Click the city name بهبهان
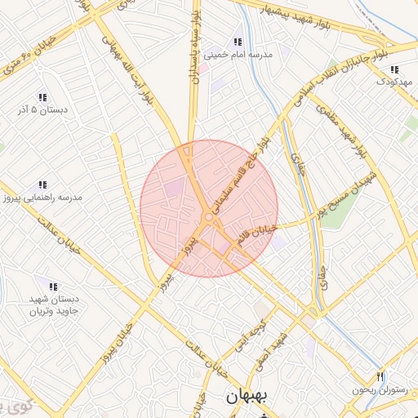pyautogui.click(x=244, y=398)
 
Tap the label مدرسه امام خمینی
pyautogui.click(x=237, y=56)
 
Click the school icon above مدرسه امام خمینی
pyautogui.click(x=238, y=42)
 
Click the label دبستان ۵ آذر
pyautogui.click(x=42, y=109)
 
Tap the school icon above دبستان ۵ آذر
pyautogui.click(x=42, y=96)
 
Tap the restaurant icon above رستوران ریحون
pyautogui.click(x=379, y=376)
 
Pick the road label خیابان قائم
pyautogui.click(x=258, y=234)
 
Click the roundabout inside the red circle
pyautogui.click(x=209, y=218)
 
